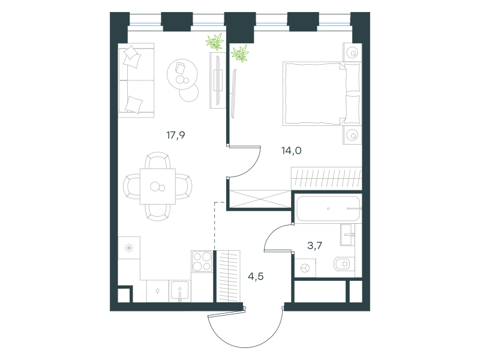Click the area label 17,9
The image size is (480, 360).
click(x=176, y=135)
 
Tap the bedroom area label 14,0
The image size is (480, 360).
click(x=292, y=151)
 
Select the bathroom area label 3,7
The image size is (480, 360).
click(x=314, y=245)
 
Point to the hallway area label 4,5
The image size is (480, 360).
click(x=256, y=277)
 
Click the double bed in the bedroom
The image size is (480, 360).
click(x=322, y=94)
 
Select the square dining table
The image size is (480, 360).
click(x=158, y=186)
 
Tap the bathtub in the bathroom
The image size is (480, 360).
click(x=328, y=208)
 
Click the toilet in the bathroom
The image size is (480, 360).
click(x=344, y=263)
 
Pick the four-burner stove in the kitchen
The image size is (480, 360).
click(x=202, y=261)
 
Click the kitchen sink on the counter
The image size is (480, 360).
click(x=180, y=292)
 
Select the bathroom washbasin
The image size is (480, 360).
click(x=347, y=235)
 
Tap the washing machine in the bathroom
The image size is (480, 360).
click(x=305, y=268)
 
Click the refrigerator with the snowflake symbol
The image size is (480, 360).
click(x=129, y=248)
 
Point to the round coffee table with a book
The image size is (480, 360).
click(x=182, y=74)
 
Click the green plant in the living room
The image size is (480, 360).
click(x=215, y=41)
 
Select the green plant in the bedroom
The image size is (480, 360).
click(x=240, y=53)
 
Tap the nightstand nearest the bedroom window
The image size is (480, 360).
click(x=352, y=52)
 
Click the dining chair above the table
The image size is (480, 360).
click(x=158, y=160)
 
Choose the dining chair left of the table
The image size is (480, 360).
click(x=131, y=186)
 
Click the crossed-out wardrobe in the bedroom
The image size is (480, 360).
click(x=260, y=199)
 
